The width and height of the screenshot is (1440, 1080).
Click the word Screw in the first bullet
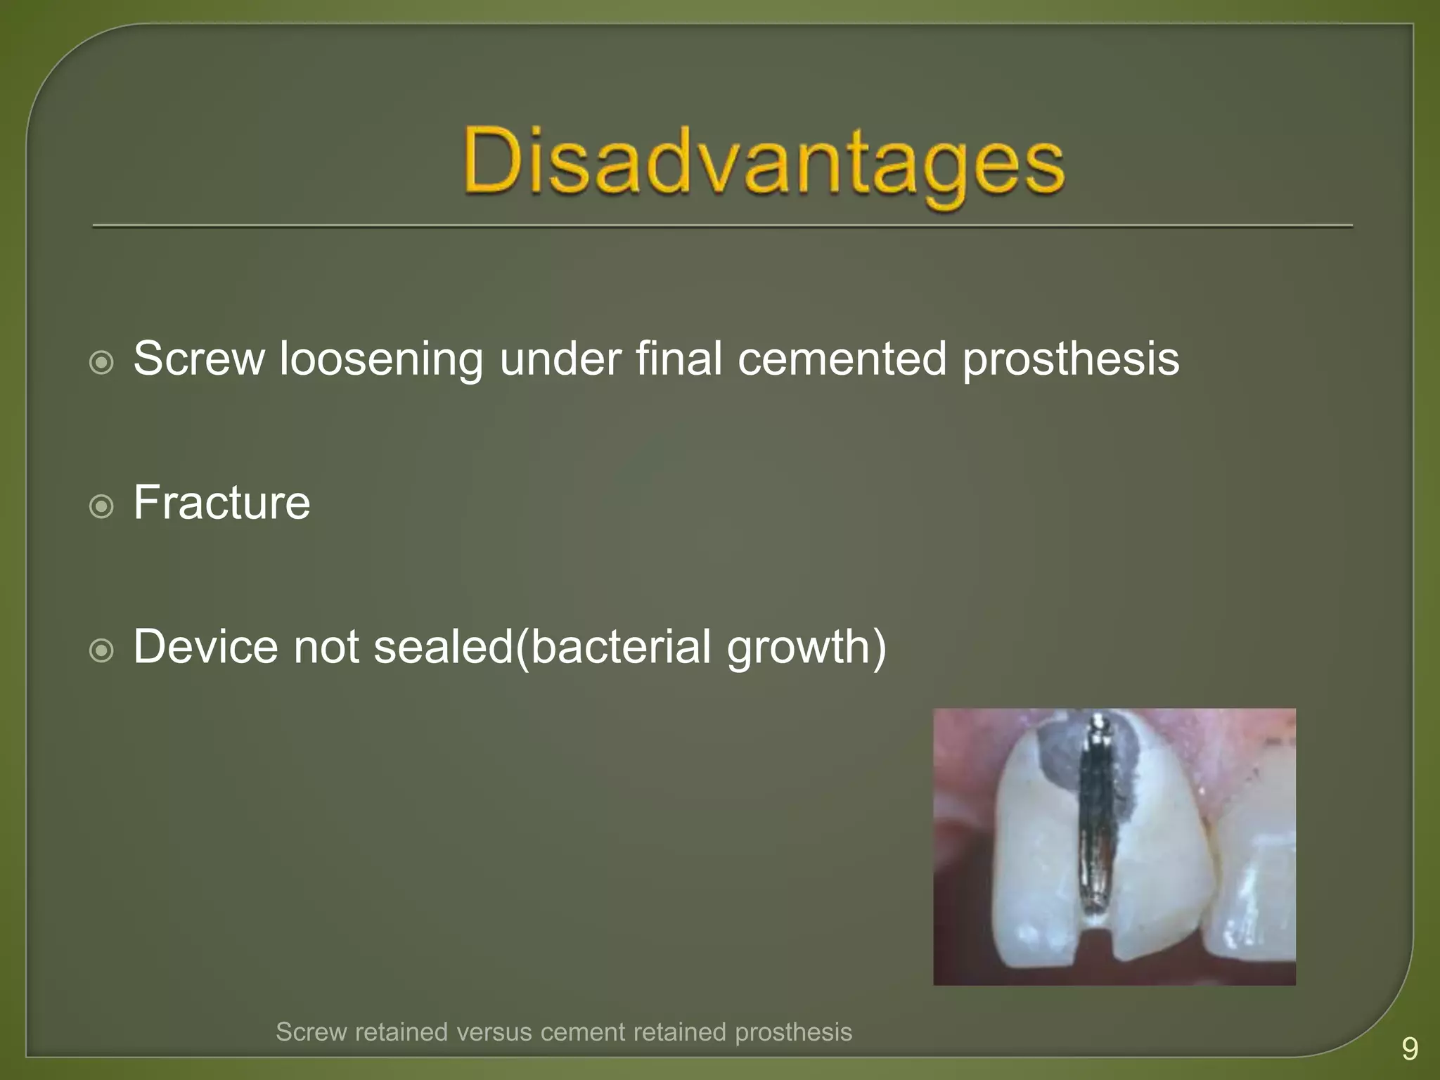(199, 359)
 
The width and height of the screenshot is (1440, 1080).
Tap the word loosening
(381, 360)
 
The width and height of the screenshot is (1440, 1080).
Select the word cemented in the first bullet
(842, 359)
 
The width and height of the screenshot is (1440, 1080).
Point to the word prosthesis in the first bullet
(1070, 360)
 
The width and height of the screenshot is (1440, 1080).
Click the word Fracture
(221, 503)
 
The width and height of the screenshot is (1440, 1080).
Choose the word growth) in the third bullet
(806, 648)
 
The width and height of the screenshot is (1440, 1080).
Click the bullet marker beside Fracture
(102, 506)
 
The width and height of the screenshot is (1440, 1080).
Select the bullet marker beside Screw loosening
(102, 363)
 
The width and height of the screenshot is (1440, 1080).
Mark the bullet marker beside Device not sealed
(102, 650)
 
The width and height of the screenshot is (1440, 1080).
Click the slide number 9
(1409, 1048)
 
